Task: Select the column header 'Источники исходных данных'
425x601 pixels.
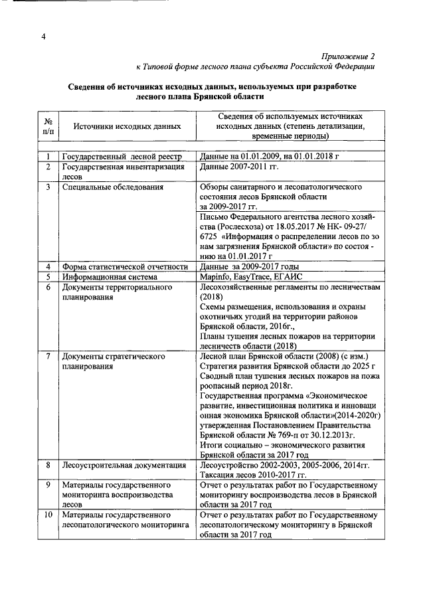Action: pos(126,125)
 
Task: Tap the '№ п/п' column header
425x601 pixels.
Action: pos(48,125)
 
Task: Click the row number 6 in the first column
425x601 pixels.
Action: pos(48,287)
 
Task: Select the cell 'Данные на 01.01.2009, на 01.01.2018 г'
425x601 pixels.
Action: pos(270,157)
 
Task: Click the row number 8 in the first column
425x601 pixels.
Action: pos(48,466)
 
